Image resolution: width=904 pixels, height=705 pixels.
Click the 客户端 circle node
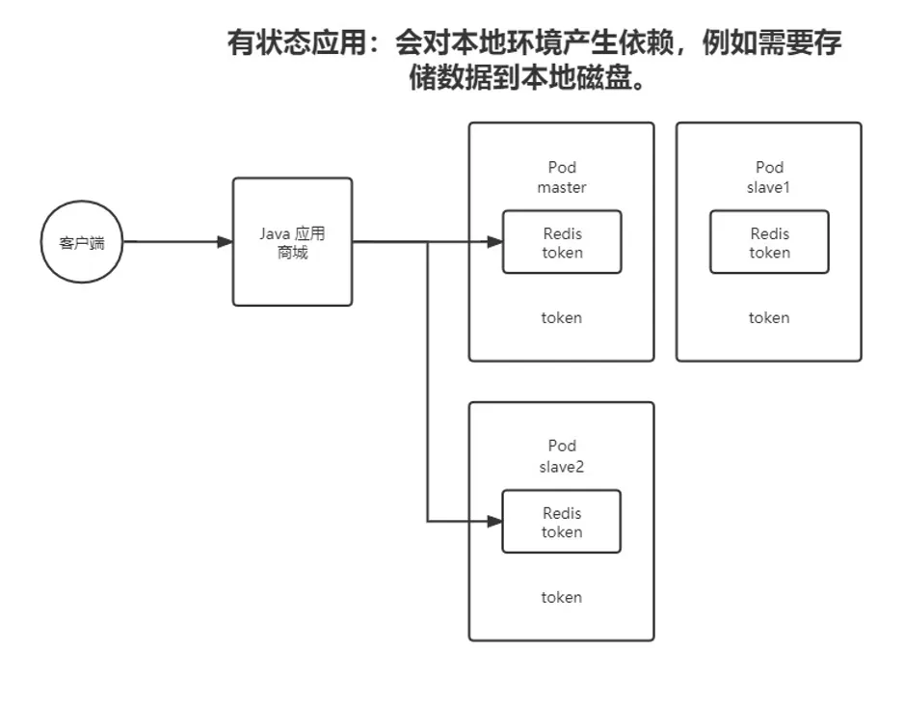(82, 242)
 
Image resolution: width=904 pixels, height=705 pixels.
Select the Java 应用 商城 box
(292, 242)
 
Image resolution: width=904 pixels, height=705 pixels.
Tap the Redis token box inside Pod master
(562, 242)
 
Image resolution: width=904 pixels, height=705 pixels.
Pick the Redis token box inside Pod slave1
(769, 242)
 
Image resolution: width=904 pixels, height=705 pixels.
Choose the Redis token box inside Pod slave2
(562, 522)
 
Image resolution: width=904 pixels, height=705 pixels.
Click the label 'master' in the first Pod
(562, 187)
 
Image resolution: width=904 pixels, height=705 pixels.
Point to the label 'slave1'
(769, 187)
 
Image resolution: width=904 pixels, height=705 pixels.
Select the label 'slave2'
(562, 467)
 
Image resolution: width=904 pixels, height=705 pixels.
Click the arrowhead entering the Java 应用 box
(225, 242)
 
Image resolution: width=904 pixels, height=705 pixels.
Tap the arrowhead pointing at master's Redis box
(494, 242)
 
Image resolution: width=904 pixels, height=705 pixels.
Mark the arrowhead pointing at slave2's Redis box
(494, 522)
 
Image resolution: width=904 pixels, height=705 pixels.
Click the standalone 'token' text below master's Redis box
(562, 317)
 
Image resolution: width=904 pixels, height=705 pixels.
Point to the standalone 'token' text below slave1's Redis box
(769, 317)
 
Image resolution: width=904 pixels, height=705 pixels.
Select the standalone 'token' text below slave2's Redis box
(562, 597)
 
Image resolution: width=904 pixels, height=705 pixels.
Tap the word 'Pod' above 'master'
(562, 167)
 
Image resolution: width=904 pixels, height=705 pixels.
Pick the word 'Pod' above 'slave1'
(769, 167)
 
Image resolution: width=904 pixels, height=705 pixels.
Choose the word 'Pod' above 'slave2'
(562, 446)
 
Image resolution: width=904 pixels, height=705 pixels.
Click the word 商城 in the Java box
(292, 254)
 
